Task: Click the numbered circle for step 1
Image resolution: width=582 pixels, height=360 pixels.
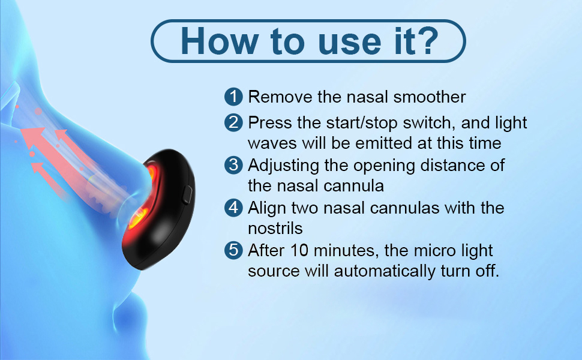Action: (233, 97)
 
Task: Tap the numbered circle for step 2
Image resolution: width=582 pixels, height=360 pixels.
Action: (233, 122)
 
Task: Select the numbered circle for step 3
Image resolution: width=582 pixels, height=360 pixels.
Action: (233, 165)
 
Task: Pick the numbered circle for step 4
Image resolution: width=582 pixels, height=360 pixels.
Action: (233, 208)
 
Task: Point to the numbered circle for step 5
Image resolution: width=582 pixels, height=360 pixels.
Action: (233, 250)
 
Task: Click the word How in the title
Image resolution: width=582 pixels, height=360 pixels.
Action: (220, 41)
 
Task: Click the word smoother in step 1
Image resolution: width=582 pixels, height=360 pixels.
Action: (430, 97)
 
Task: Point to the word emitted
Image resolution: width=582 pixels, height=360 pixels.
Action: (383, 143)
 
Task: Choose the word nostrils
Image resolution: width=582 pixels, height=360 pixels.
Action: (275, 229)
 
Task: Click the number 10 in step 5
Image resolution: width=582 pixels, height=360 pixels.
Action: (299, 251)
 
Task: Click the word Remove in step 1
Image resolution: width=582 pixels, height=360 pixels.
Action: (280, 97)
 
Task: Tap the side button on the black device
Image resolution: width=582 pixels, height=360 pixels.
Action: (187, 194)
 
